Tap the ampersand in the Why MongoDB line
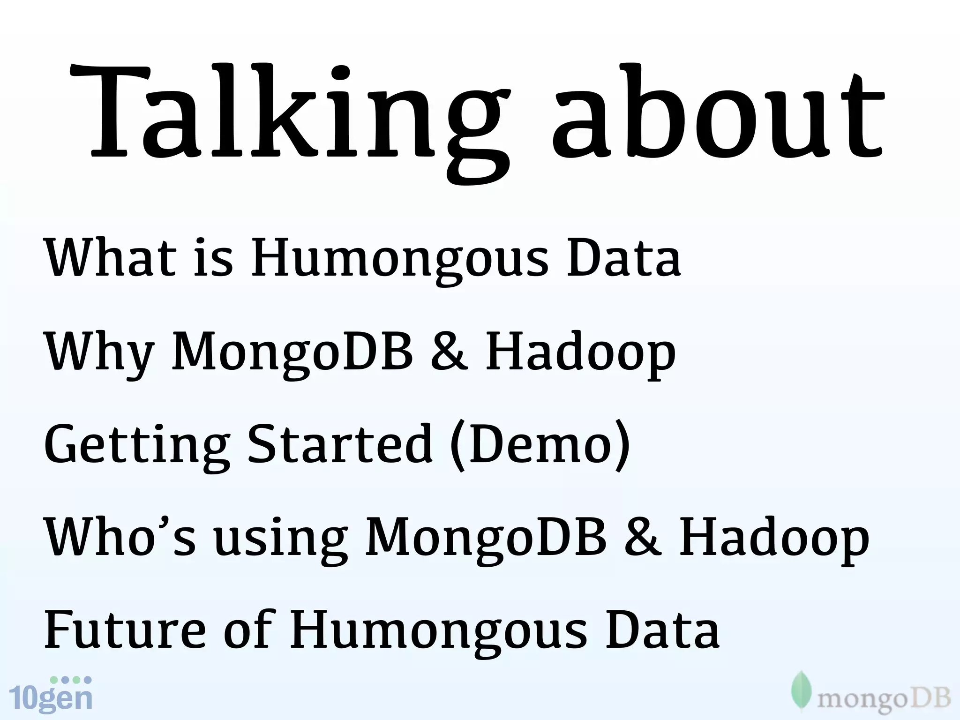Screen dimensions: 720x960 click(x=449, y=352)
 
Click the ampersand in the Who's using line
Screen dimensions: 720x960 click(x=643, y=537)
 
